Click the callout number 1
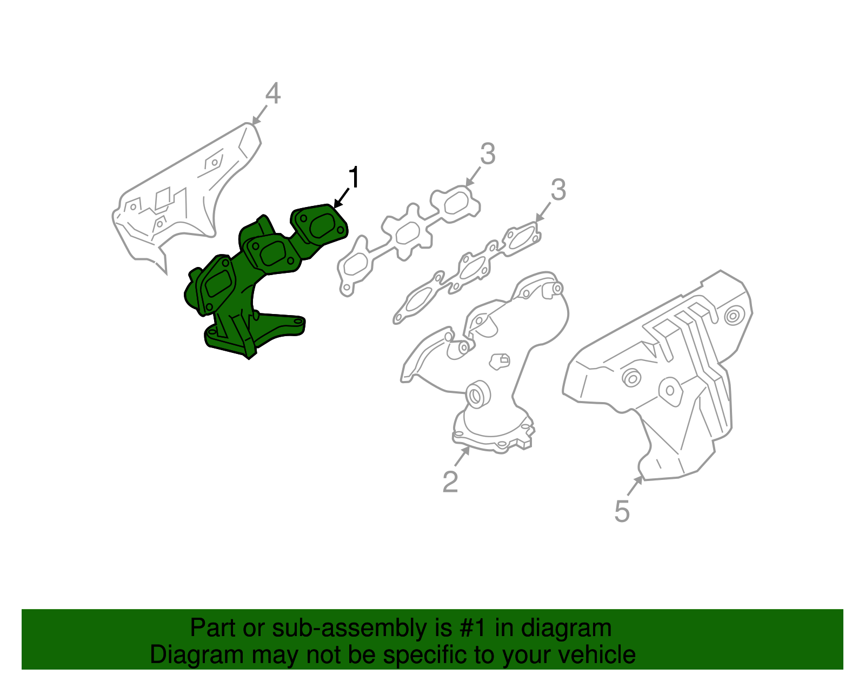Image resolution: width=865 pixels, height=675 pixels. coord(354,178)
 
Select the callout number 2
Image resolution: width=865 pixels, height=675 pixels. coord(450,482)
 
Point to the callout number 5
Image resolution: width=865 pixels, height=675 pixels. coord(622,511)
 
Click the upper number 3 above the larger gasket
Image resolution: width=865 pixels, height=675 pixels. coord(488,155)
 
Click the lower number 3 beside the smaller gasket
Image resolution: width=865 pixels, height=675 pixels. coord(558,190)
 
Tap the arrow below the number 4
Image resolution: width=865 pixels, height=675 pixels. coord(259,115)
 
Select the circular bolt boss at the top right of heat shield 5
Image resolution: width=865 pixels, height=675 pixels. coord(733,316)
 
